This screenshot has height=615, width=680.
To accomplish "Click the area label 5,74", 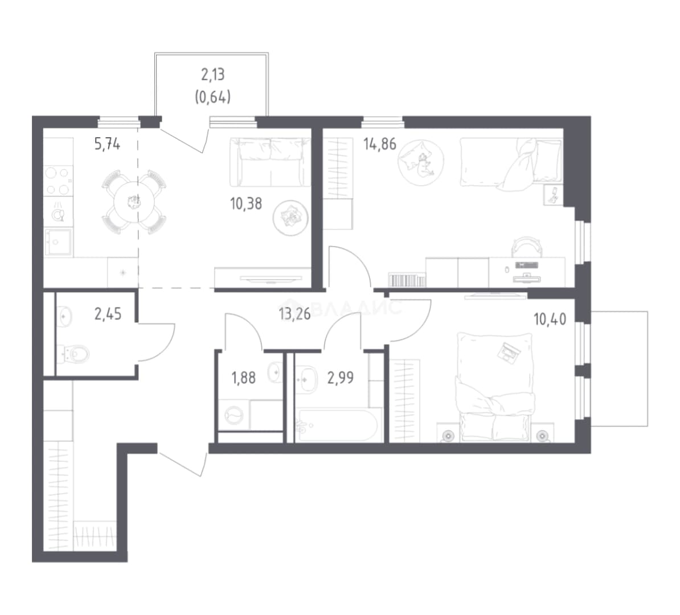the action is coord(107,143).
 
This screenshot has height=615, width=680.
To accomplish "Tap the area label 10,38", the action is coord(246,203).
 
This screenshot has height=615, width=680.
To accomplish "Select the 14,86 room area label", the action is coord(380,144).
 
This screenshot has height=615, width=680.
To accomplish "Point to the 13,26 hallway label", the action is coord(295,314).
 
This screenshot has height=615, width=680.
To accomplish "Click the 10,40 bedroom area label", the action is coord(550,319).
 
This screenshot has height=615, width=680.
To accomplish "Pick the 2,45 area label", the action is coord(108,314).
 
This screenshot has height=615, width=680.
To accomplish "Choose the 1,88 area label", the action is coord(244,378).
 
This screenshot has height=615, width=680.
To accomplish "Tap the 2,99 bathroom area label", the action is coord(341,378).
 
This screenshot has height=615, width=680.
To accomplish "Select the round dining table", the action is coord(134,202).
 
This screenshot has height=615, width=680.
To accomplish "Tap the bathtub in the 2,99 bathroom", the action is coord(338,425).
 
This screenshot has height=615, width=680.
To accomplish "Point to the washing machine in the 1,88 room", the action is coord(234,416).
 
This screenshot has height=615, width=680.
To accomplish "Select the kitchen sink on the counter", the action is coord(58,242).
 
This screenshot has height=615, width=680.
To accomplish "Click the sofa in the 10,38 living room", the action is coord(270,162).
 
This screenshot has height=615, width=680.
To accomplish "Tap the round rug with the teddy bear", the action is coord(421,163).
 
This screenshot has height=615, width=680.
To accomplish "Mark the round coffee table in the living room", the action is coord(290,218).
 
